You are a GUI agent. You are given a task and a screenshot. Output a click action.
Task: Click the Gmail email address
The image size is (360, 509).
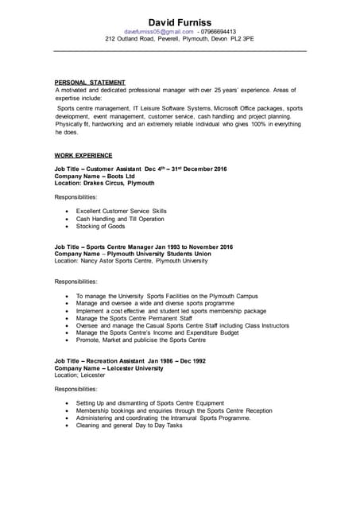pyautogui.click(x=158, y=32)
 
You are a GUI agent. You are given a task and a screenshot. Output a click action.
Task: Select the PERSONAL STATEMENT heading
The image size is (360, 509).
pyautogui.click(x=90, y=83)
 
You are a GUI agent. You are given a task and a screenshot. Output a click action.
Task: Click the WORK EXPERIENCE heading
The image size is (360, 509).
pyautogui.click(x=83, y=155)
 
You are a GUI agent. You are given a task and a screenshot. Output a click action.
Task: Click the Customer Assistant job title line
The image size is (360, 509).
pyautogui.click(x=141, y=169)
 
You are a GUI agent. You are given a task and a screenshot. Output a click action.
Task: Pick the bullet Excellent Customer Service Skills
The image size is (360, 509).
pyautogui.click(x=122, y=211)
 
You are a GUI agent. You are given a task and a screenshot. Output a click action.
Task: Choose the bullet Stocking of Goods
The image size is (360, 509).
pyautogui.click(x=100, y=227)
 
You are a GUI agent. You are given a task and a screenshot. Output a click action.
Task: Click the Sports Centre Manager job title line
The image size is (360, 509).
pyautogui.click(x=143, y=247)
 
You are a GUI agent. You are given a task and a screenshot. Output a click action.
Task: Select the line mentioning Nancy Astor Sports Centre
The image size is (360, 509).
pyautogui.click(x=131, y=261)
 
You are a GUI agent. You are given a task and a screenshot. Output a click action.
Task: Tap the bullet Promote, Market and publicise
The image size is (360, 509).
pyautogui.click(x=141, y=340)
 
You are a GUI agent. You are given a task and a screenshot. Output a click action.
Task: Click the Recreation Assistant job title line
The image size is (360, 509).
pyautogui.click(x=130, y=360)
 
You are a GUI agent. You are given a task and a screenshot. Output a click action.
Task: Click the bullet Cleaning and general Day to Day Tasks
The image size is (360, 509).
pyautogui.click(x=130, y=425)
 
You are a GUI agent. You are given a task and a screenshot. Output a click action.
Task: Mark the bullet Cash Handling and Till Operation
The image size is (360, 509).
pyautogui.click(x=120, y=219)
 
